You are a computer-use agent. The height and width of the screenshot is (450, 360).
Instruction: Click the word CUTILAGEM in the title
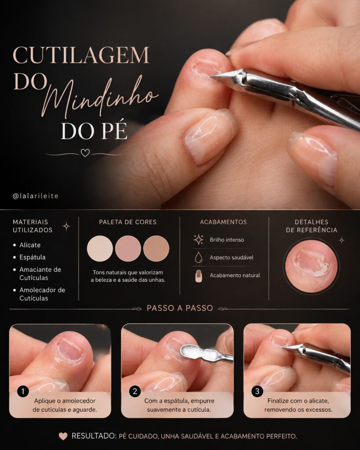coord(81,55)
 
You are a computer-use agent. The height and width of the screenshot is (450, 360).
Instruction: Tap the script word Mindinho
coord(101,96)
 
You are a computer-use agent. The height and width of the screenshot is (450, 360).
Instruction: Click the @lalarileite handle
coord(36,196)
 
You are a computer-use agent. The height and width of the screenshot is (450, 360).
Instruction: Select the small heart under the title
coord(85,152)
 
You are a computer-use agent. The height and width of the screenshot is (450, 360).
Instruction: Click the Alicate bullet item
coord(30,245)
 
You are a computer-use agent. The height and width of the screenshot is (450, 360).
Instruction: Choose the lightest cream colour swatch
coord(100,249)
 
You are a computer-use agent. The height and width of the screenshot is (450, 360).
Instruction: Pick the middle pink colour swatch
coord(128,249)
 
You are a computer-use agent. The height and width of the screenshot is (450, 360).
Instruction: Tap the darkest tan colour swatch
coord(156,249)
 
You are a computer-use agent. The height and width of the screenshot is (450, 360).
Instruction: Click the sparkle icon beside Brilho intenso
coord(198,240)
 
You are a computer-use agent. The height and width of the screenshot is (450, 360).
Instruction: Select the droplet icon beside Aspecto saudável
coord(198,258)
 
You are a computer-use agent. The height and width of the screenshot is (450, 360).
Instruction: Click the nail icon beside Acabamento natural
coord(198,276)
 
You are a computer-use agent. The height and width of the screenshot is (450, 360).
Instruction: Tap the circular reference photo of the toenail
coord(312,266)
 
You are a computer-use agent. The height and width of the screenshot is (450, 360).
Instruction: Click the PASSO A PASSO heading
coord(180,308)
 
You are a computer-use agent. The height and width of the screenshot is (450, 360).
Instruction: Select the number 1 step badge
coord(23,391)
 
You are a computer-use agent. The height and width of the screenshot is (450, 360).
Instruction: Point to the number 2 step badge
coord(135,391)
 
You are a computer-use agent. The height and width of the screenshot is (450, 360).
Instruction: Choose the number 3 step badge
coord(257,391)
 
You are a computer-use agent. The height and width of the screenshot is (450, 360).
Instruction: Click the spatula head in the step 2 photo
coord(191,351)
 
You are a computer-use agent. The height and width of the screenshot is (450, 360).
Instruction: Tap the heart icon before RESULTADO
coord(63,436)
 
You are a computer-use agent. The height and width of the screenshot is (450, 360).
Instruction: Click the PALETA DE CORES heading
coord(128,222)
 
